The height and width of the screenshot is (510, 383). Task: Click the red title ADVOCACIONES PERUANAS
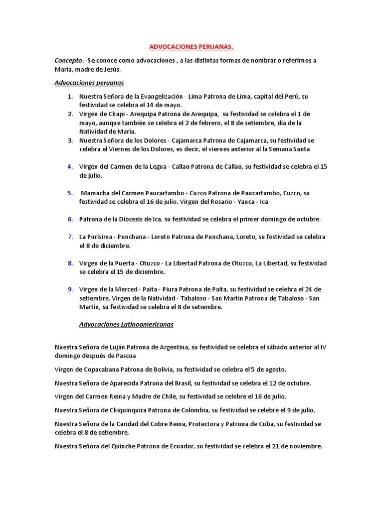coord(191,47)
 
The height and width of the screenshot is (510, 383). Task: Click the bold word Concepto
coord(68,61)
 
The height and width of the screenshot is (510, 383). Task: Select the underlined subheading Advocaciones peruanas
coord(89,83)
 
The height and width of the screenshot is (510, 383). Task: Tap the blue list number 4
coord(70,166)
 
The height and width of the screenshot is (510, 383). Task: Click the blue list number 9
coord(70,289)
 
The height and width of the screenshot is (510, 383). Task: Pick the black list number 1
coord(70,96)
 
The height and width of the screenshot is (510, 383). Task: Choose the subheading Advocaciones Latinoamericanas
coord(126,324)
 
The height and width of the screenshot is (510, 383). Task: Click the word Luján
coord(116,347)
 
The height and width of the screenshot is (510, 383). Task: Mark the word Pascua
coord(125,356)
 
